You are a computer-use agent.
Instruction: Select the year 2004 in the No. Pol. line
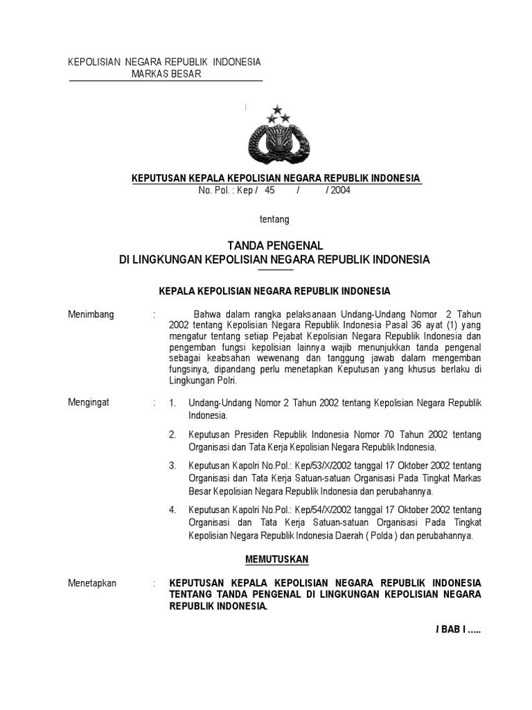[340, 191]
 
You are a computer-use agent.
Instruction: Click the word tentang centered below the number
[274, 220]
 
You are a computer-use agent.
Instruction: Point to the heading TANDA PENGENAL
[275, 245]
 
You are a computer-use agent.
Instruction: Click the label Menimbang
[91, 314]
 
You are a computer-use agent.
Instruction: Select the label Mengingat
[89, 402]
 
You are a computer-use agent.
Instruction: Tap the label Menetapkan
[92, 583]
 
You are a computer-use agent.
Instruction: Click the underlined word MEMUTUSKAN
[277, 559]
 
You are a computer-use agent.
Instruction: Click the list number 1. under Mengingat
[173, 403]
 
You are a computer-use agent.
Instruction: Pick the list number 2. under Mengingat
[173, 434]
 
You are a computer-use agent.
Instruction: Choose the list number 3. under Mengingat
[173, 465]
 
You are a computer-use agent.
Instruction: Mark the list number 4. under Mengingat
[173, 510]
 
